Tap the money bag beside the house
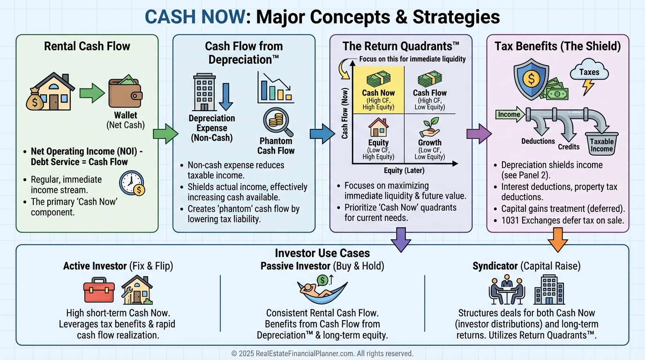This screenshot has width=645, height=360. (x=35, y=99)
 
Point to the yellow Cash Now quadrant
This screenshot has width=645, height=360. (x=378, y=90)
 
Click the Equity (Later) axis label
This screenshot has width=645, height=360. (x=402, y=171)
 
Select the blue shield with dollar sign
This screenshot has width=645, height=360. (x=532, y=80)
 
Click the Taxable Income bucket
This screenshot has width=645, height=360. (x=601, y=143)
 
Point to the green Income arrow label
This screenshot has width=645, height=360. (x=509, y=114)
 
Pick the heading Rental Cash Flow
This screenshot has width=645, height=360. (x=87, y=46)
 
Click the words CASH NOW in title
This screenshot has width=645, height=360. (x=195, y=17)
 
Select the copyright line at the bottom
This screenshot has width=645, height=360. (x=322, y=353)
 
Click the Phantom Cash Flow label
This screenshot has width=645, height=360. (x=276, y=146)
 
